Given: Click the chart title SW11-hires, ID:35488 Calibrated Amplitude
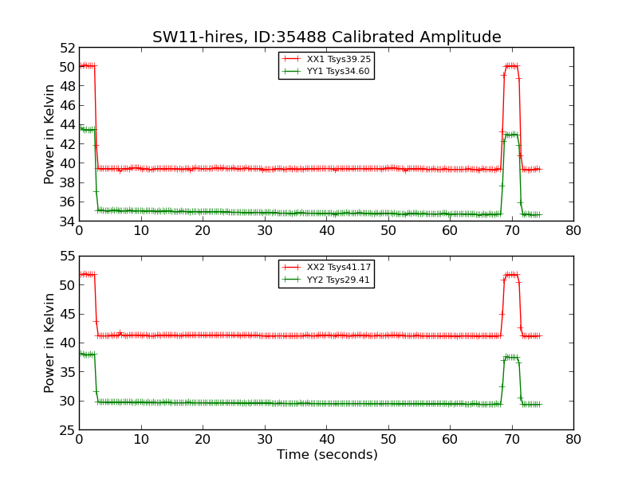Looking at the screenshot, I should pyautogui.click(x=327, y=37).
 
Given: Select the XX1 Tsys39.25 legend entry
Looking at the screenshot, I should pyautogui.click(x=338, y=59).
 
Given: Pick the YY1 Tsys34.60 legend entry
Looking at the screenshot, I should pyautogui.click(x=338, y=71).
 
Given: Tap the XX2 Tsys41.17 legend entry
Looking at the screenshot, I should pyautogui.click(x=338, y=268).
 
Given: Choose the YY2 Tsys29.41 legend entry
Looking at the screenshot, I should pyautogui.click(x=338, y=280).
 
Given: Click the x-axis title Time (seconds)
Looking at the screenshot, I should pyautogui.click(x=327, y=455).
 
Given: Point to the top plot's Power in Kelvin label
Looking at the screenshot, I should pyautogui.click(x=49, y=134).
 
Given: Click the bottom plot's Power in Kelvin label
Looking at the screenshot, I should pyautogui.click(x=49, y=343).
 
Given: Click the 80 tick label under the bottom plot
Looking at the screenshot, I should pyautogui.click(x=573, y=441).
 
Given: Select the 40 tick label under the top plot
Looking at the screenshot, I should pyautogui.click(x=326, y=231).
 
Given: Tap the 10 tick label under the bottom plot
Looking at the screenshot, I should pyautogui.click(x=140, y=441).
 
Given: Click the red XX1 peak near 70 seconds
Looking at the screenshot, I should pyautogui.click(x=511, y=65).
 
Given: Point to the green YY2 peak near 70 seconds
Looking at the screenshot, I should pyautogui.click(x=511, y=357).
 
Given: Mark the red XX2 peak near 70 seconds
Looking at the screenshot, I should pyautogui.click(x=511, y=275).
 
